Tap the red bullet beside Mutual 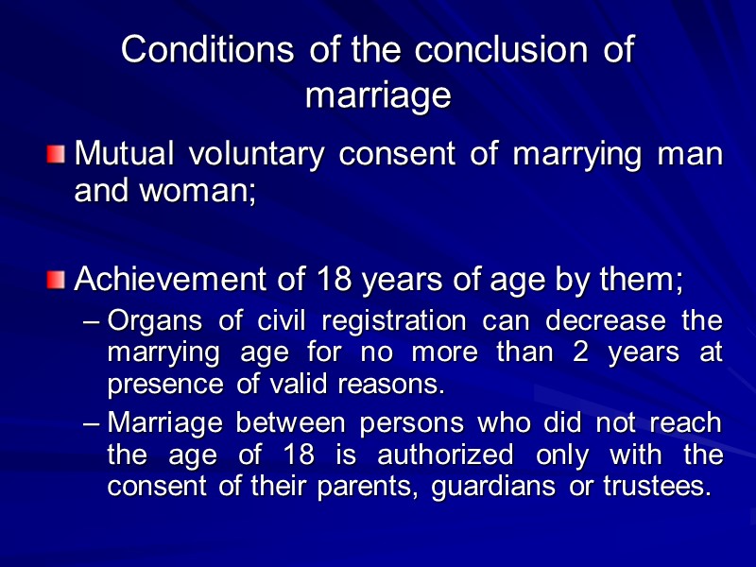point(57,153)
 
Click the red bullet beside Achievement point(57,279)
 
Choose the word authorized point(446,456)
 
